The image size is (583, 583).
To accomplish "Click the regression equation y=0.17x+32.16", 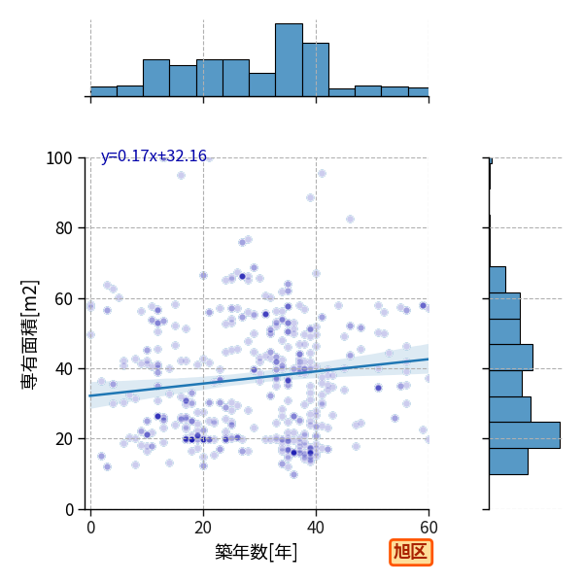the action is coord(154,155).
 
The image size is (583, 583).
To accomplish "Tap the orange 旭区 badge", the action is coord(411,552).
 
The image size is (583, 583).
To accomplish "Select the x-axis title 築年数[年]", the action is coord(257,552).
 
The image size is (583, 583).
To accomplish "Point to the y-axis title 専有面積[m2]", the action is coord(30,334).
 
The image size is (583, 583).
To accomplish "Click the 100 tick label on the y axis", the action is coord(58,158).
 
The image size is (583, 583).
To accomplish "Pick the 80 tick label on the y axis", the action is coord(63,228).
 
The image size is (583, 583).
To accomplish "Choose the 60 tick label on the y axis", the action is coord(63,299).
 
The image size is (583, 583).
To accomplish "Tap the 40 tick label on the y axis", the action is coord(63,369).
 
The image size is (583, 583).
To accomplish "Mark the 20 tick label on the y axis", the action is coord(63,439).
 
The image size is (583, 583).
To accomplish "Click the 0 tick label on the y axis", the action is coord(69,510).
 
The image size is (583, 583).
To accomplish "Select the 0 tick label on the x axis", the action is coord(91,528).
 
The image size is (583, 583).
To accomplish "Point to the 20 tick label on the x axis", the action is coord(203,528).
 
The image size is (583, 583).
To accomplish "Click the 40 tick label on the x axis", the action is coord(316,528).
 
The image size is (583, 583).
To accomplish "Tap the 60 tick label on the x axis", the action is coord(429,528).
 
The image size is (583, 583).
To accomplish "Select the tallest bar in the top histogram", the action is coord(289,60).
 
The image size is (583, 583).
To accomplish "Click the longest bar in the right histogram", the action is coord(525,435).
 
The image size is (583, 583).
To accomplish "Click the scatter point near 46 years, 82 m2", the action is coord(350,220).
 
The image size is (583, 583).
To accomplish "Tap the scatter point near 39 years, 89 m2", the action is coord(311,198).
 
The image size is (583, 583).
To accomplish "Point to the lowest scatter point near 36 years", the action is coord(293,474).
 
